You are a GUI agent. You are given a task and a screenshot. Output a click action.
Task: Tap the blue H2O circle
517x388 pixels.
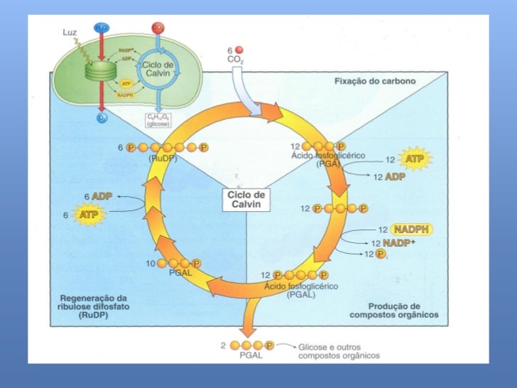(99, 28)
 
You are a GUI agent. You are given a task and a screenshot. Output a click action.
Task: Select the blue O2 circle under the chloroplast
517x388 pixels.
(102, 118)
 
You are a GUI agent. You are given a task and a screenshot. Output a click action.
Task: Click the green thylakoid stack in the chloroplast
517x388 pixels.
(99, 70)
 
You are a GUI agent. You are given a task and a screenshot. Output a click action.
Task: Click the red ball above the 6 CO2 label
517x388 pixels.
(239, 50)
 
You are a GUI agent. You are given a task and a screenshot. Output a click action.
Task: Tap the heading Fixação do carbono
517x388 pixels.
(375, 82)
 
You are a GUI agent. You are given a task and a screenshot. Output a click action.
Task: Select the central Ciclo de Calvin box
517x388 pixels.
(246, 199)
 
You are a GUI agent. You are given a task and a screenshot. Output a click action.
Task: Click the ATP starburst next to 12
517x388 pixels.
(414, 159)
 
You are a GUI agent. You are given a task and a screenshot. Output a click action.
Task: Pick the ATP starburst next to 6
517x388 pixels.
(87, 213)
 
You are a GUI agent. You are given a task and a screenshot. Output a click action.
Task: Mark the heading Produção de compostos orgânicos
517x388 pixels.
(394, 309)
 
